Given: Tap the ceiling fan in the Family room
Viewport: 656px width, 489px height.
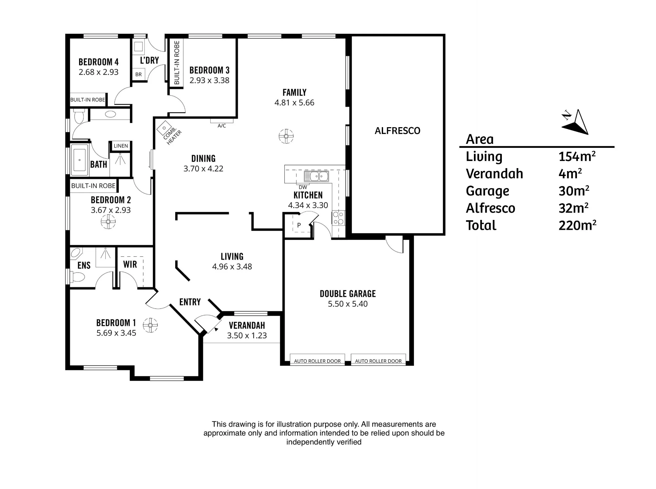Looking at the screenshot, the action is click(286, 136).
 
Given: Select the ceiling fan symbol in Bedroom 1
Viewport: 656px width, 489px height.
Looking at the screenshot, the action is click(150, 325).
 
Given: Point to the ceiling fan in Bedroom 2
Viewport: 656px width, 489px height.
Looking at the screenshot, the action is click(108, 222).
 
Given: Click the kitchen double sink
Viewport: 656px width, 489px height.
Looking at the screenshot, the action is click(317, 176).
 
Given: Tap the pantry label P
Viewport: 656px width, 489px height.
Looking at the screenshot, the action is click(299, 225).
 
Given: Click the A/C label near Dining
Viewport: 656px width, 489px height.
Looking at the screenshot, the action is click(222, 126).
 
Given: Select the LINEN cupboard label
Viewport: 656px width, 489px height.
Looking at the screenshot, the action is click(121, 146).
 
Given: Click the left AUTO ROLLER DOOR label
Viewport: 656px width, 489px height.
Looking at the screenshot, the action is click(317, 361).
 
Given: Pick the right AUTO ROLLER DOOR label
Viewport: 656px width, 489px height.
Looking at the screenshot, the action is click(378, 361).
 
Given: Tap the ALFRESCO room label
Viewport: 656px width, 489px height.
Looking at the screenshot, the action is click(398, 131).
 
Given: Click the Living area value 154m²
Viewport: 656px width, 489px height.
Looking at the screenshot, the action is click(577, 156).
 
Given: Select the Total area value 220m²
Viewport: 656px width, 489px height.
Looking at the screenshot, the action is click(577, 225).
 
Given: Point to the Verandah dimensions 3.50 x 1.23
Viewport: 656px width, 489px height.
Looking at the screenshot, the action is click(247, 336).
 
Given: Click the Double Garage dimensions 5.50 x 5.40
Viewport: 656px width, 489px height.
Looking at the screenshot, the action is click(348, 304).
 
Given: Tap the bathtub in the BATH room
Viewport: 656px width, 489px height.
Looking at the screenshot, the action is click(80, 160).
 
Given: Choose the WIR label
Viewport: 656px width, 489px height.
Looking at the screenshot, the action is click(130, 264).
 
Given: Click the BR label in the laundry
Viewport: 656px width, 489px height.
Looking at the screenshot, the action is click(138, 74).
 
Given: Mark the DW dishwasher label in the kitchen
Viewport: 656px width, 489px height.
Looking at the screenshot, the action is click(303, 187).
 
